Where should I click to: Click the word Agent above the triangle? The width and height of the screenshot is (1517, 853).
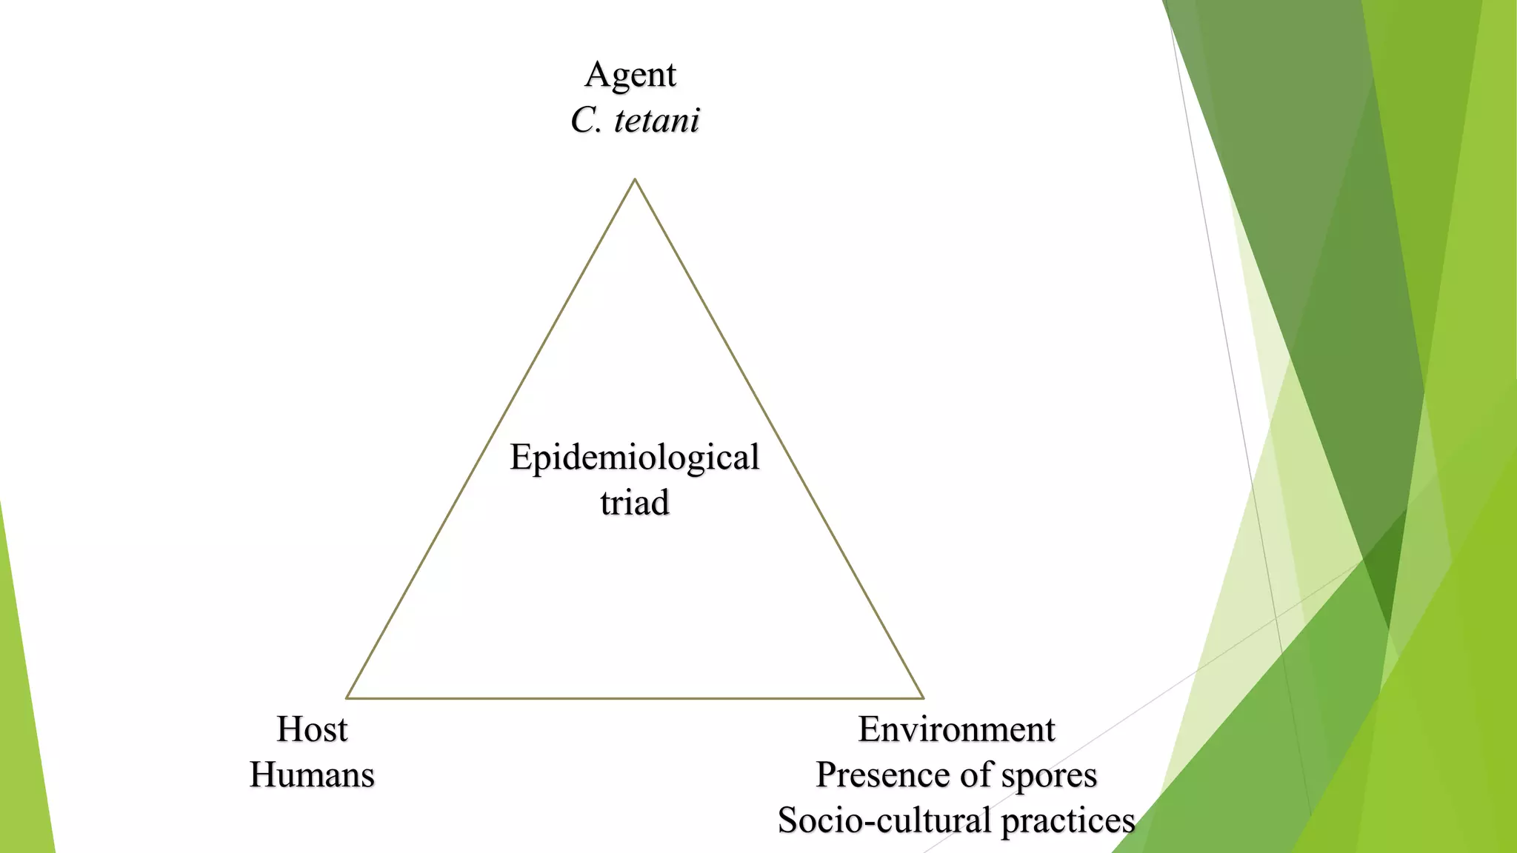[x=630, y=76]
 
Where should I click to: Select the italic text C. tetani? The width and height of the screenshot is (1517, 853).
[x=635, y=120]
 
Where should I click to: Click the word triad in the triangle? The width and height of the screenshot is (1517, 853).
[x=635, y=503]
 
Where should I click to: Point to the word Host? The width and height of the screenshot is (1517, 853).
[x=312, y=729]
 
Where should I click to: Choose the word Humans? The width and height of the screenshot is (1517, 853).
[x=312, y=775]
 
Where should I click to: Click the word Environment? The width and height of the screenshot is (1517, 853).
[x=956, y=729]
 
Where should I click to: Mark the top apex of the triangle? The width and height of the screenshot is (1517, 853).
[x=635, y=179]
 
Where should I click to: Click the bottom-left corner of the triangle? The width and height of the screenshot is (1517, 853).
[x=347, y=698]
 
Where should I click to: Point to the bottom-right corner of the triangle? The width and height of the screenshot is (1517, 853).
[x=923, y=698]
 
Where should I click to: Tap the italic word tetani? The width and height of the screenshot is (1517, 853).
[x=657, y=120]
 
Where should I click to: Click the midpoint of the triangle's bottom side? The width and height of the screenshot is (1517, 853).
[x=635, y=698]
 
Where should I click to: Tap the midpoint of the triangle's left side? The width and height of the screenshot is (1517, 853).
[x=490, y=438]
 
